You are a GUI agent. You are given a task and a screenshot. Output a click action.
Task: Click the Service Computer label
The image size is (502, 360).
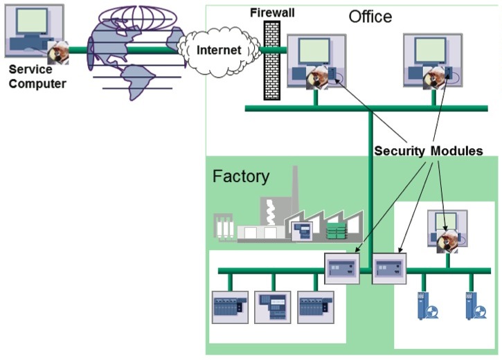click(37, 77)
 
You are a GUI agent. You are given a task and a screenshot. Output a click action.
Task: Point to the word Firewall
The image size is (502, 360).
click(272, 13)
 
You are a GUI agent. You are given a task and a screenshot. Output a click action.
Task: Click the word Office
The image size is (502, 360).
click(370, 17)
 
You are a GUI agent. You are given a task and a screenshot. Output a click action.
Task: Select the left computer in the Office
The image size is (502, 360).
click(315, 61)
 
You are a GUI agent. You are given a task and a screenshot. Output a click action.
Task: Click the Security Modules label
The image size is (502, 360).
click(428, 151)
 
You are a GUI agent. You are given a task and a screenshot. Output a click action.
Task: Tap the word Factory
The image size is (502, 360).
click(240, 177)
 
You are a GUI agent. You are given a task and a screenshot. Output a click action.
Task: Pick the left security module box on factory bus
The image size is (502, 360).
click(342, 266)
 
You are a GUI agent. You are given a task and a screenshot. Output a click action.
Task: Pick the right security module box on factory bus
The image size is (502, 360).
click(389, 266)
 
